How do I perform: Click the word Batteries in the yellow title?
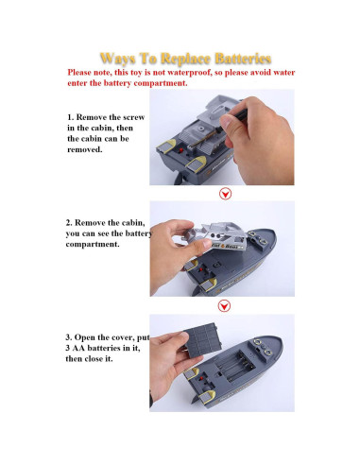243,59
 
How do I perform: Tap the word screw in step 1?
133,117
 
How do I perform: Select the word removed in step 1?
85,149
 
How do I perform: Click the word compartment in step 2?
93,245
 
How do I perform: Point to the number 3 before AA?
68,348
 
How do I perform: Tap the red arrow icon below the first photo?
225,194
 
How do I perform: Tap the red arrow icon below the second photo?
224,306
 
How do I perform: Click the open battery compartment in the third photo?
236,366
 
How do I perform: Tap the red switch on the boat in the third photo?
201,378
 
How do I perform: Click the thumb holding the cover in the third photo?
176,342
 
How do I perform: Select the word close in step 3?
94,359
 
